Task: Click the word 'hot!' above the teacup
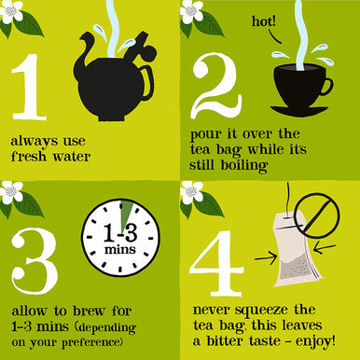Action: click(264, 21)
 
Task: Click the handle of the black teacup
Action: click(326, 87)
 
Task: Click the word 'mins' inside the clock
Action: click(120, 249)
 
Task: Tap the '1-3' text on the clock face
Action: click(120, 233)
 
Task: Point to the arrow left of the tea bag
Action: click(266, 258)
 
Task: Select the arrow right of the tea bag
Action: click(325, 248)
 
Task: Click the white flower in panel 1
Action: click(12, 12)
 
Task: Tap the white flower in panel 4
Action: click(192, 192)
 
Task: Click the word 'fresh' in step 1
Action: click(29, 156)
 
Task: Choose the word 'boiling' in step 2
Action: click(243, 165)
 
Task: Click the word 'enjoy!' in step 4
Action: click(315, 341)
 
